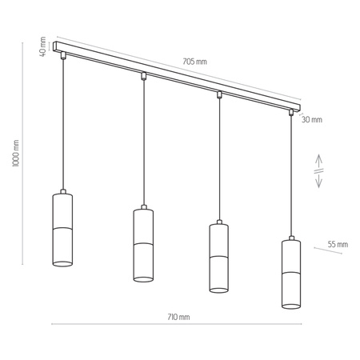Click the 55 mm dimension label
[338, 244]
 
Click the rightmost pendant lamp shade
[292, 273]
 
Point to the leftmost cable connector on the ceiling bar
[62, 56]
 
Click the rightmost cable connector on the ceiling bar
[292, 114]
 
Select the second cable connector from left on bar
[142, 77]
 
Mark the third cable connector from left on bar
[218, 95]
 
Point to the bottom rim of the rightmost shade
[292, 306]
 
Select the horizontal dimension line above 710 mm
[176, 325]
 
